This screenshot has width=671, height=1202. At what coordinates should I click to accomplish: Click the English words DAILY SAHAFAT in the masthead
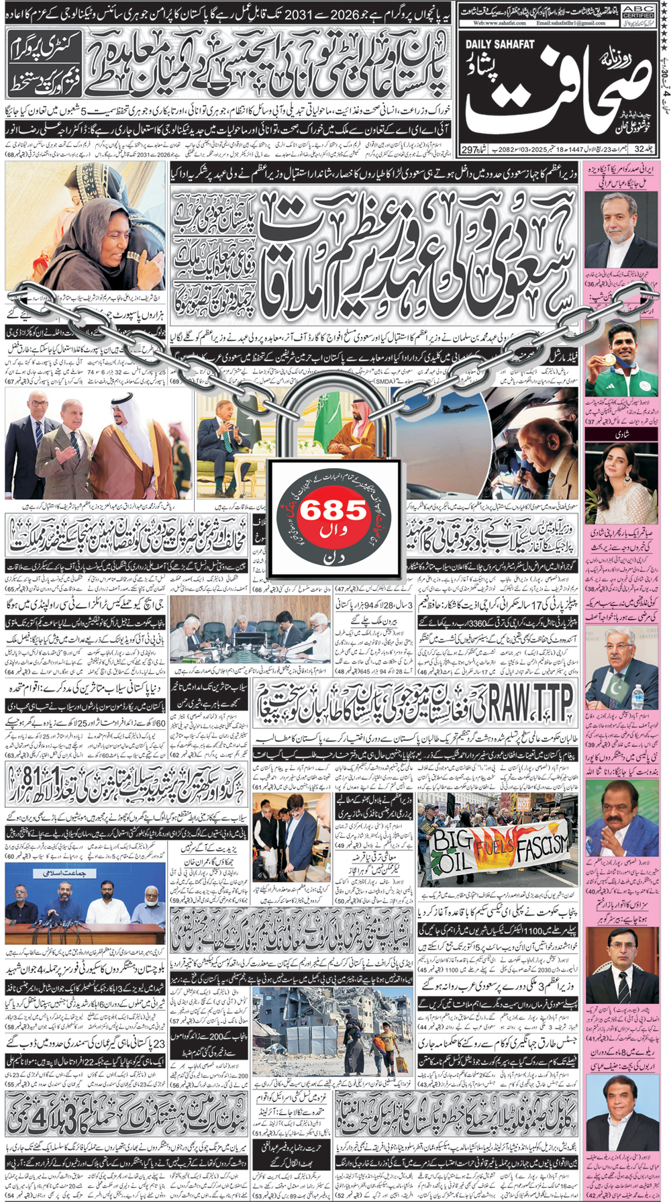pos(500,44)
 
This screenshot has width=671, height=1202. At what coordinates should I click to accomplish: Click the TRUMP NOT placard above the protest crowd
pos(523,802)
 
